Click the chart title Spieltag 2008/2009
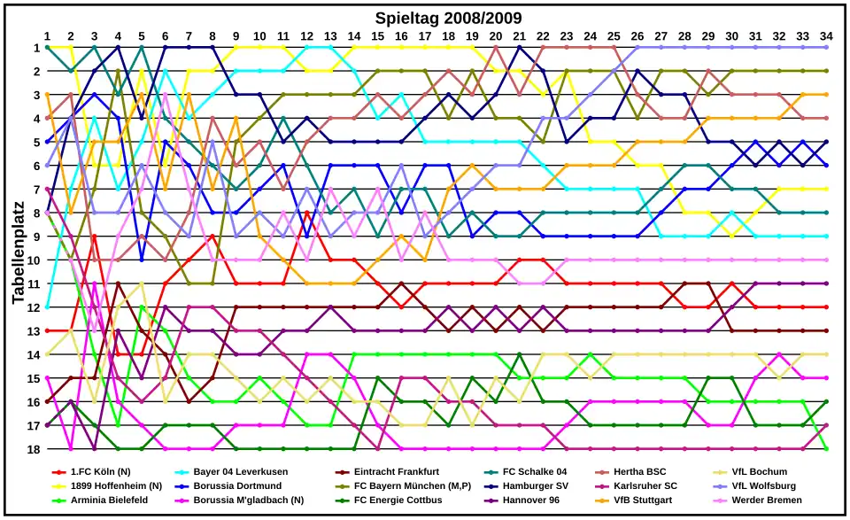coord(448,18)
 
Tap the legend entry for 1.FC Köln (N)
coord(100,472)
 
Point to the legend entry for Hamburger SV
coord(536,486)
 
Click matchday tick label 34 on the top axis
coord(826,35)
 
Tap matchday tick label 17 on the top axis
coord(425,35)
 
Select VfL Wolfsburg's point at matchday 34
coord(826,47)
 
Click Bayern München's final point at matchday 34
coord(826,71)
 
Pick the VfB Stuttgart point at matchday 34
coord(826,94)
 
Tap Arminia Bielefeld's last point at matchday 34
coord(826,448)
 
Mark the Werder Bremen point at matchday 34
coord(826,260)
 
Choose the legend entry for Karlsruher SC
coord(645,486)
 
